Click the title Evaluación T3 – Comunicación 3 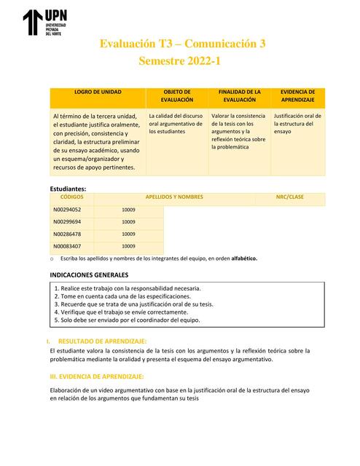coord(182,44)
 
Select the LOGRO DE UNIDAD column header coord(98,92)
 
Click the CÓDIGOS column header coord(71,197)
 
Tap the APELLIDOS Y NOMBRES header coord(174,197)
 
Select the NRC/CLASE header coord(289,197)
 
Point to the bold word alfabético coord(241,258)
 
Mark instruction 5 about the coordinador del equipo coord(126,320)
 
